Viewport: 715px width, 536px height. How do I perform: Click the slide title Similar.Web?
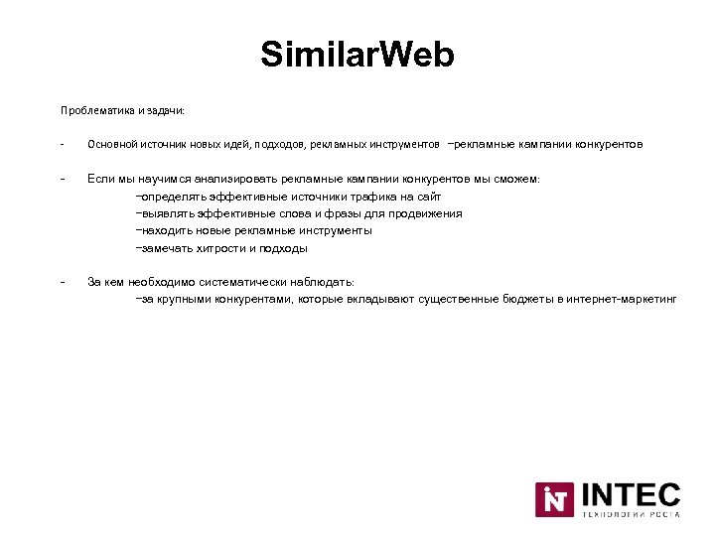point(357,55)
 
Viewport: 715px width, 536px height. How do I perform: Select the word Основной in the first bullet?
point(111,144)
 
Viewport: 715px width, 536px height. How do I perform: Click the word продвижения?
point(426,213)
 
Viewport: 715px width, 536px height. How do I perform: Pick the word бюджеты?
point(528,299)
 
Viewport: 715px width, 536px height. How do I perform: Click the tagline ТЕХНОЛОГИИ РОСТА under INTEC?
point(630,514)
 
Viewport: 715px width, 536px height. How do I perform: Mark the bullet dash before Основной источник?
point(62,144)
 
